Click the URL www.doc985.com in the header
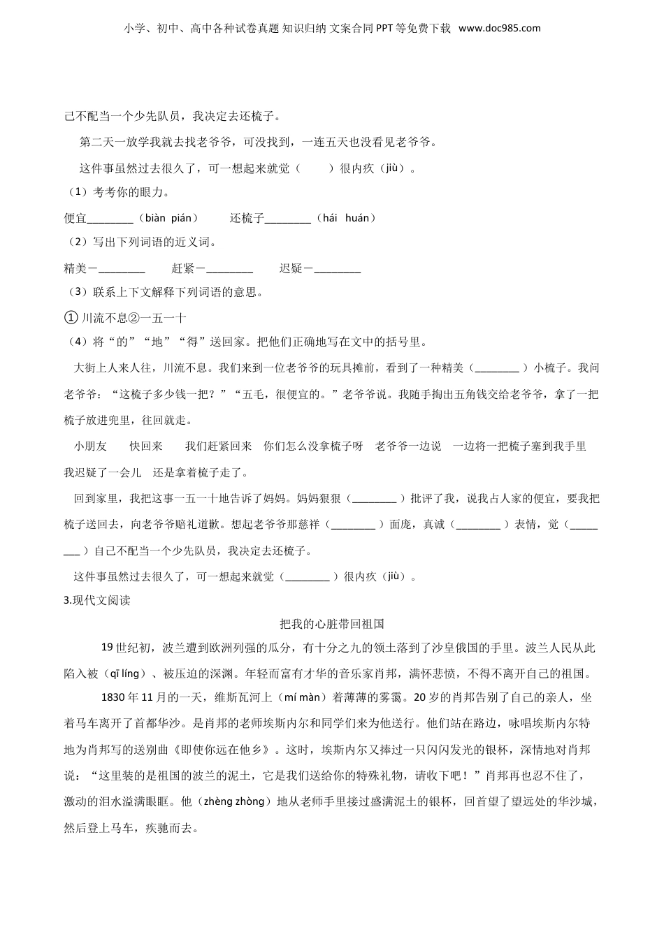[x=500, y=29]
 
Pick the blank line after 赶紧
[x=230, y=269]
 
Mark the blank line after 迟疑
[x=338, y=269]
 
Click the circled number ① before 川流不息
[x=70, y=318]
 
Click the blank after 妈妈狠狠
[x=374, y=499]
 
